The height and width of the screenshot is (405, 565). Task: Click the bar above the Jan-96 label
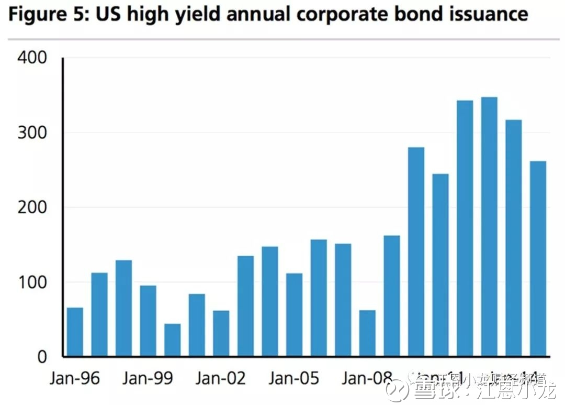(75, 332)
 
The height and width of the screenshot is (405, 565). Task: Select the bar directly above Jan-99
(148, 321)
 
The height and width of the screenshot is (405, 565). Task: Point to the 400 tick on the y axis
(32, 58)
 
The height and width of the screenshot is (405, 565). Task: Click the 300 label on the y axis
(32, 133)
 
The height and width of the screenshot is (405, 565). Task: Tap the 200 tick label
(32, 207)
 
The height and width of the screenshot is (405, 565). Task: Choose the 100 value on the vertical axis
(32, 282)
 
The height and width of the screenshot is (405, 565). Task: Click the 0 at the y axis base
(42, 357)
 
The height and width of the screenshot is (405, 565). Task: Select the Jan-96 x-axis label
(75, 378)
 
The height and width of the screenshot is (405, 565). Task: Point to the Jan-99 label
(148, 378)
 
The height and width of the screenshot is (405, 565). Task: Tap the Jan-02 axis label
(221, 378)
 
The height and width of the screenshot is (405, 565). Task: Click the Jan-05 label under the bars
(294, 378)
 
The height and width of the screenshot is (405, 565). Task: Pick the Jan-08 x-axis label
(367, 378)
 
